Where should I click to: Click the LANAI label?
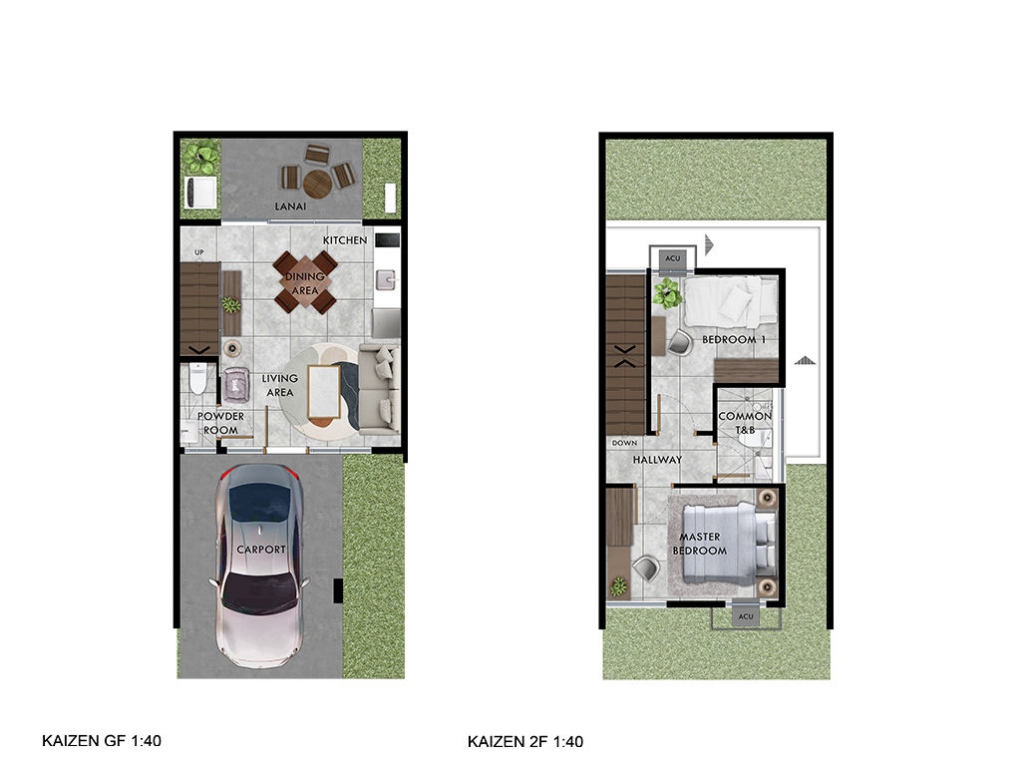pyautogui.click(x=290, y=206)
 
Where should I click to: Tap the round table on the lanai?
pyautogui.click(x=318, y=185)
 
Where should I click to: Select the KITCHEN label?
pyautogui.click(x=345, y=240)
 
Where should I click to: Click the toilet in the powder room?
pyautogui.click(x=198, y=380)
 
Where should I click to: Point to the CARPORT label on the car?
pyautogui.click(x=261, y=550)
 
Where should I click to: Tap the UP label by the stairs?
pyautogui.click(x=199, y=252)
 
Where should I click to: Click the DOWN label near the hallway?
pyautogui.click(x=624, y=443)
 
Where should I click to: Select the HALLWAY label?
pyautogui.click(x=658, y=459)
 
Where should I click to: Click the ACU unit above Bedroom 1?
pyautogui.click(x=673, y=258)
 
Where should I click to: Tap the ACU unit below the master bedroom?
pyautogui.click(x=746, y=616)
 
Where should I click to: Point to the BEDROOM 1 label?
pyautogui.click(x=734, y=339)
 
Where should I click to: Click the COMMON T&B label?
pyautogui.click(x=745, y=423)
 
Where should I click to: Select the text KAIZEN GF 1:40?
pyautogui.click(x=102, y=741)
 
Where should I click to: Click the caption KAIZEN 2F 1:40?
pyautogui.click(x=525, y=741)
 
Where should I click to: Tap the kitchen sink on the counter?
pyautogui.click(x=387, y=280)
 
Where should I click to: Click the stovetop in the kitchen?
pyautogui.click(x=387, y=240)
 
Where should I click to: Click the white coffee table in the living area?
pyautogui.click(x=324, y=392)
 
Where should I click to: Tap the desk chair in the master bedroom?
pyautogui.click(x=646, y=568)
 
